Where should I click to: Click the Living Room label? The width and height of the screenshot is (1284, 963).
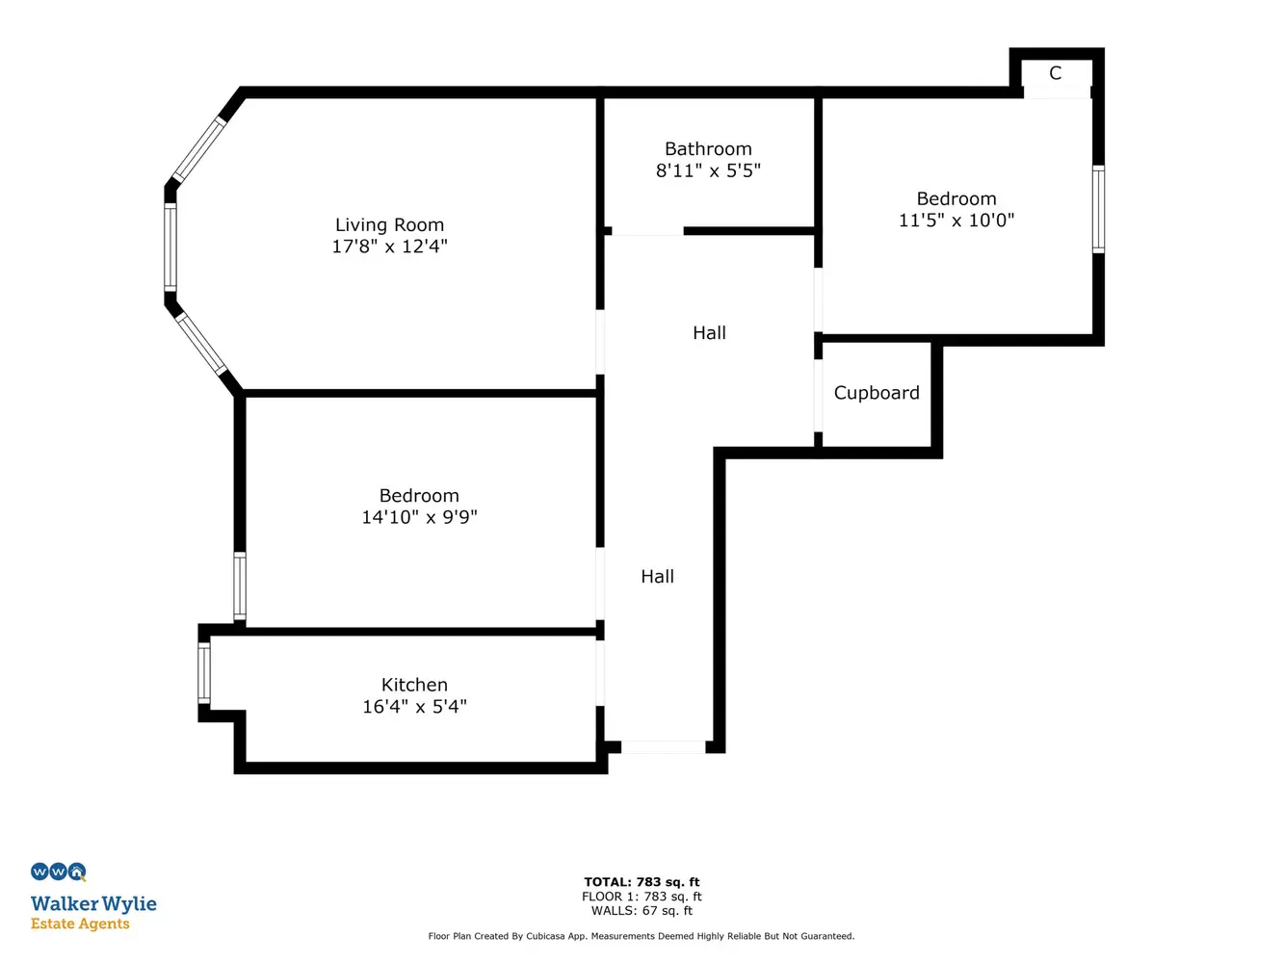[389, 224]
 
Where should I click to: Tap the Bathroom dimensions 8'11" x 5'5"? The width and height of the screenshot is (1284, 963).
[708, 170]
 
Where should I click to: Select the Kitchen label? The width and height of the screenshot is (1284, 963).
[414, 684]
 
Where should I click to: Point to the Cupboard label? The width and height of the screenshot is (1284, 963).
[877, 393]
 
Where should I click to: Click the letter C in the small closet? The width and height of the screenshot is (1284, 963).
[1056, 73]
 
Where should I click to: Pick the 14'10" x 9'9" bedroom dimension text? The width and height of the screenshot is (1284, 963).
[419, 517]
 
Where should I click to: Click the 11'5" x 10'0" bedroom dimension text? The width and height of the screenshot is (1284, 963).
[956, 221]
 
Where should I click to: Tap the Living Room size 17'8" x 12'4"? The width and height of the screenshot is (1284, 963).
[389, 247]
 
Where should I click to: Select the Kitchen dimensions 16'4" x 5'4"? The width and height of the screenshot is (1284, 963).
[414, 706]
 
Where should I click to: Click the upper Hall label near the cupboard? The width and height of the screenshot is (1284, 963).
[709, 332]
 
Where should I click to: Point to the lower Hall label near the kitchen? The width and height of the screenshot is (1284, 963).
[658, 577]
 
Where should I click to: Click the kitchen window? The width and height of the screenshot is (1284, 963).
[203, 673]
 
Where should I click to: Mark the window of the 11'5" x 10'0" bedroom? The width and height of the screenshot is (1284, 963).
[1098, 209]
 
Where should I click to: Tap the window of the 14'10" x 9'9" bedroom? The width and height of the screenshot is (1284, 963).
[239, 586]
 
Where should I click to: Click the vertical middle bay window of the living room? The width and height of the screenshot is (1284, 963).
[170, 247]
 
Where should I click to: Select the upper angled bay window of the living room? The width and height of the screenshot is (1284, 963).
[198, 149]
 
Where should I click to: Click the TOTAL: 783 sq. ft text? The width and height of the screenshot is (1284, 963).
[642, 882]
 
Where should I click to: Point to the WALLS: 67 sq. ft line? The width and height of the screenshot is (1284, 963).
[642, 910]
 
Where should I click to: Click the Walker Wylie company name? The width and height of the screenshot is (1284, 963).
[93, 903]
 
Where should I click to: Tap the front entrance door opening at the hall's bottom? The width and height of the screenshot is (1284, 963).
[664, 746]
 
